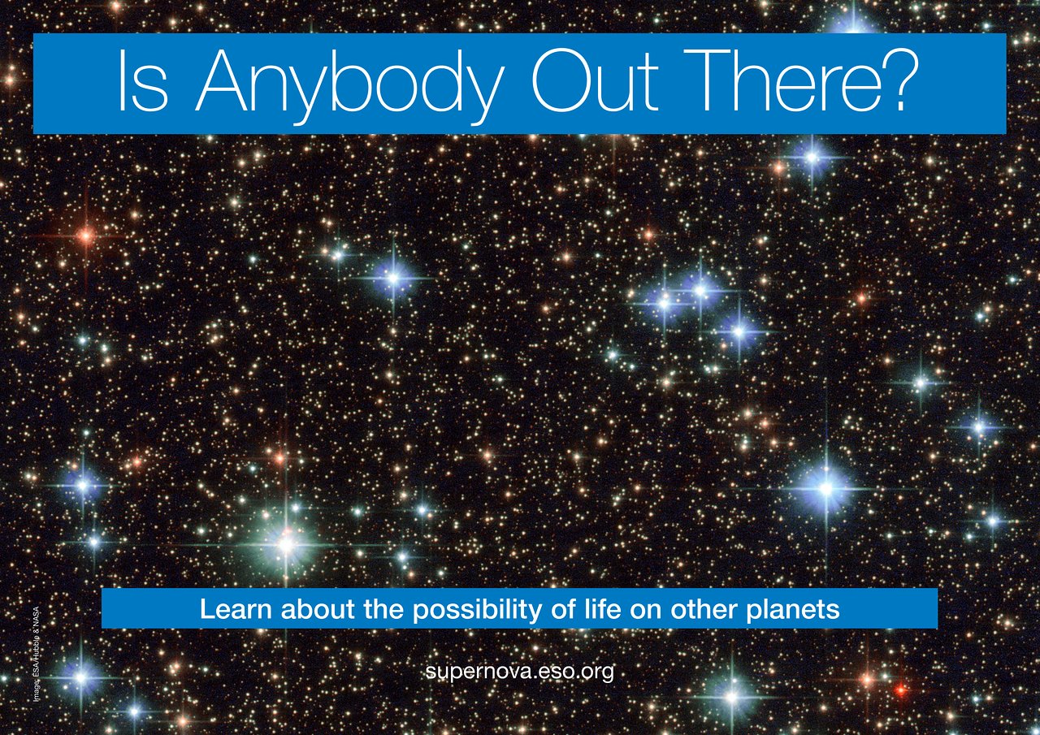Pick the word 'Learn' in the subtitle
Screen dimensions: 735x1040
[x=233, y=609]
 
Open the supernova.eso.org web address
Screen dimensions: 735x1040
[x=519, y=672]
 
